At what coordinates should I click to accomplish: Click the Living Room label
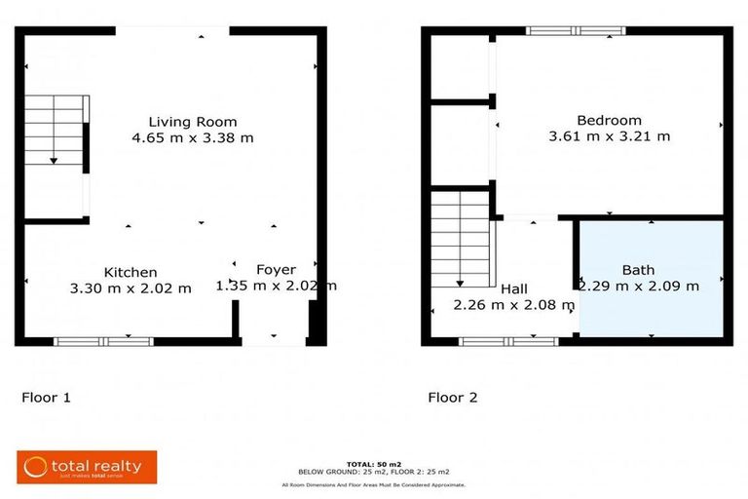coord(192,122)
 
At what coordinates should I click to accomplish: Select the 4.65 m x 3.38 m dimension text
coord(192,138)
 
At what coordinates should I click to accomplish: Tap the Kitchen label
coord(131,272)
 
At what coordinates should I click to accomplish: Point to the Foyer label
coord(276,269)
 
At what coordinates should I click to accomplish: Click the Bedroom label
coord(609,120)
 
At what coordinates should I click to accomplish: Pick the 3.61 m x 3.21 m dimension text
coord(609,136)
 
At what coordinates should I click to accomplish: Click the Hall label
coord(514,289)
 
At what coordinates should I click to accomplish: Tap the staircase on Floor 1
coord(55,131)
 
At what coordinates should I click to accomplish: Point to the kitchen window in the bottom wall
coord(103,341)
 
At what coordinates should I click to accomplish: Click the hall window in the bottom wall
coord(508,341)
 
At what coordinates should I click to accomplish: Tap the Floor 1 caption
coord(46,398)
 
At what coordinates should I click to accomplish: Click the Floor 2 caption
coord(453,398)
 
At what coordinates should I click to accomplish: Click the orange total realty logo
coord(86,467)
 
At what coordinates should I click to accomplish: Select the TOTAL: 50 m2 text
coord(373,463)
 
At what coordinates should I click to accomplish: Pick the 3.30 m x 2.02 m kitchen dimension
coord(131,288)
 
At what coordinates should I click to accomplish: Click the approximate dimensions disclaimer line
coord(373,484)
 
